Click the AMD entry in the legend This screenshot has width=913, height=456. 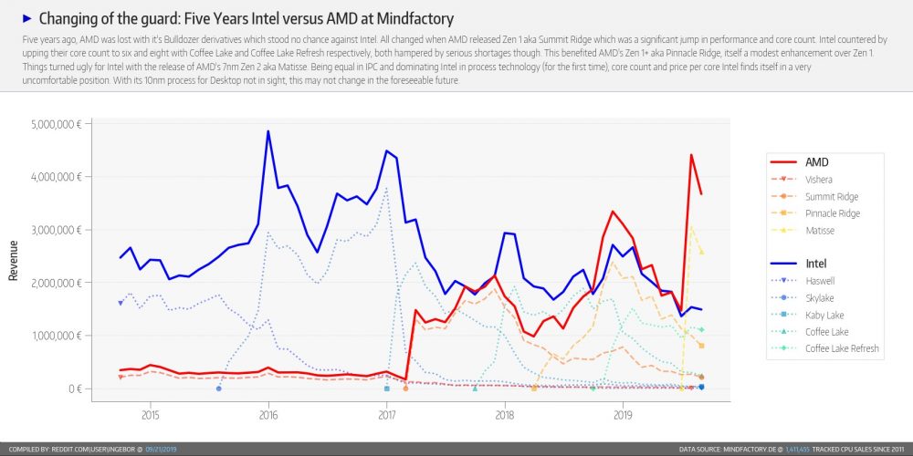click(x=817, y=162)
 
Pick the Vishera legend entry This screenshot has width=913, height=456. click(x=819, y=180)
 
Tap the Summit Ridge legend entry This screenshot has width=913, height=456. click(x=832, y=197)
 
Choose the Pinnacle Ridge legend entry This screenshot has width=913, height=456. click(x=834, y=213)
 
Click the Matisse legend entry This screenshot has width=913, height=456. click(x=820, y=231)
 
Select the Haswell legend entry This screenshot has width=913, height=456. click(x=820, y=282)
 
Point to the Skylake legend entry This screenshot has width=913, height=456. click(x=820, y=298)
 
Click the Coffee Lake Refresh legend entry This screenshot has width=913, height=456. click(x=841, y=349)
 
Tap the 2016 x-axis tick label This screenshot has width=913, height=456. click(x=268, y=415)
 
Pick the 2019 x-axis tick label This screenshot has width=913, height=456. click(x=623, y=415)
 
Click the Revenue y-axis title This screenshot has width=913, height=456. click(x=14, y=260)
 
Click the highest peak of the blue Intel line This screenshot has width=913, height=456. click(x=268, y=131)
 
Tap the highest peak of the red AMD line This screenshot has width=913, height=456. click(x=691, y=155)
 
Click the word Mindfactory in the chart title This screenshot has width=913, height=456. click(x=415, y=18)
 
